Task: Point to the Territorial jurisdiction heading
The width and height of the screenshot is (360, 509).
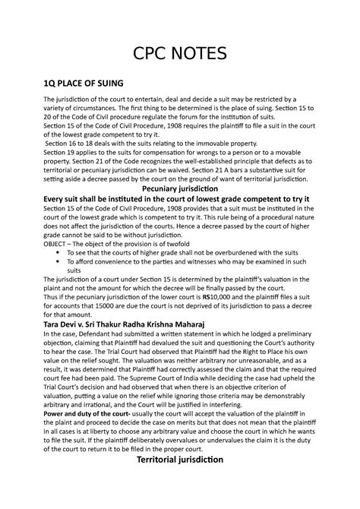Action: [x=180, y=460]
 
